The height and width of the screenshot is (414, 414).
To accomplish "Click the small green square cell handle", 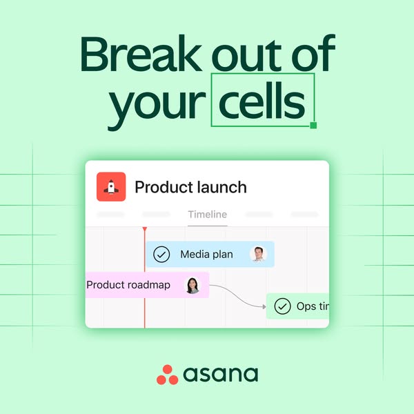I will click(x=313, y=125).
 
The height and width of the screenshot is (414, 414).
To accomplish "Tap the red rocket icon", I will click(x=111, y=186).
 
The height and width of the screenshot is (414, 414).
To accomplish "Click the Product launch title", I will click(x=190, y=187).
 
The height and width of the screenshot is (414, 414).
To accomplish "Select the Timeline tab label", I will click(x=207, y=215).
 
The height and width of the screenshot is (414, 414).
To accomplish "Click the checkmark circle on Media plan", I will click(x=161, y=255).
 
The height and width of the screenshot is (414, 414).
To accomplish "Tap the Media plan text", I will click(x=206, y=255).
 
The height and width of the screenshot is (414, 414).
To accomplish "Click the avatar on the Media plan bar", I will click(x=258, y=255).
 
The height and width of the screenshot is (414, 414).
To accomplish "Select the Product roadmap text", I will click(x=128, y=285).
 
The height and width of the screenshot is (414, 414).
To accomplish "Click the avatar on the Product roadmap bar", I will click(x=193, y=285).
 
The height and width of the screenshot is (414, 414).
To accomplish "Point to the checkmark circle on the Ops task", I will click(x=282, y=306).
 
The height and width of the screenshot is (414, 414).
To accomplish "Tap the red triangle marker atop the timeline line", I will click(x=144, y=228).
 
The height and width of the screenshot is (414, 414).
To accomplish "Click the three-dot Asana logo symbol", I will click(x=167, y=374).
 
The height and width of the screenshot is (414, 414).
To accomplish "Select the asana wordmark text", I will click(x=221, y=375).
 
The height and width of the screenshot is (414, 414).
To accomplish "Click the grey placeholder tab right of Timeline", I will click(x=259, y=215).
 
